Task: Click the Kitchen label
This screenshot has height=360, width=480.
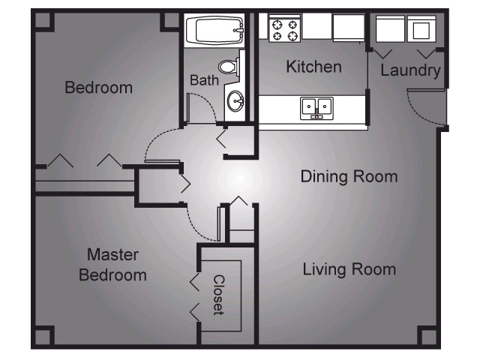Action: point(313,67)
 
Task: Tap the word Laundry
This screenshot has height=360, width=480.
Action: point(409,71)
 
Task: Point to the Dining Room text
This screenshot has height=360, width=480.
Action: point(349,177)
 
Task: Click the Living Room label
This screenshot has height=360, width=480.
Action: point(349,269)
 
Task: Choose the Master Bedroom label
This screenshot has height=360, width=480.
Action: point(112,265)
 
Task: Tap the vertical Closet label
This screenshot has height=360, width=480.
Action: point(218,294)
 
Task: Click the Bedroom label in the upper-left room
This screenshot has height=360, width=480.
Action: point(98,88)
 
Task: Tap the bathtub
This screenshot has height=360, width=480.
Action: point(214,31)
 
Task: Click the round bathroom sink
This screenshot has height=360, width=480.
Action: point(235,100)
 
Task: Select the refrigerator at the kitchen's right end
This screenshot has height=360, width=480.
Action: point(349,28)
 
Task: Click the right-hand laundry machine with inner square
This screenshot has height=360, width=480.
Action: point(421,29)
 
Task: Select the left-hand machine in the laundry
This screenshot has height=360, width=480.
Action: point(390,29)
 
